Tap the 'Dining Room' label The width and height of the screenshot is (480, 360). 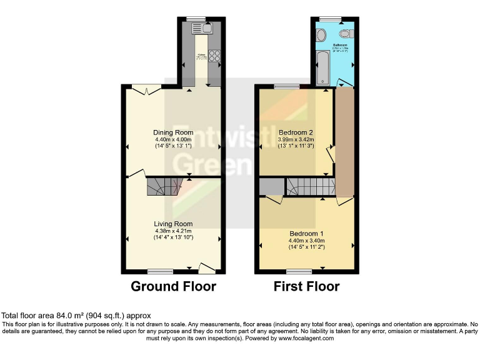(x=173, y=132)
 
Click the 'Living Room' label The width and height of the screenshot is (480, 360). (x=173, y=224)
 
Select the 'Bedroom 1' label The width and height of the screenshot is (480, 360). (x=306, y=233)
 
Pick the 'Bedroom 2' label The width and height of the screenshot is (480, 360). (x=296, y=132)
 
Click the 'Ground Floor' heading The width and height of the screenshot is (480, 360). (x=173, y=287)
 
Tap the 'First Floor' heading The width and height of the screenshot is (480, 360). (x=306, y=287)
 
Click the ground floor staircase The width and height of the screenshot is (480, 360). (x=163, y=187)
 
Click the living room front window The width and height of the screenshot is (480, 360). (x=161, y=271)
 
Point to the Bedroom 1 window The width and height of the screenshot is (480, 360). (x=299, y=271)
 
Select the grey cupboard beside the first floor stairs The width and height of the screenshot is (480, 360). (x=271, y=186)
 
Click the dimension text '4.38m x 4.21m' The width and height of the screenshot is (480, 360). (x=173, y=231)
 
